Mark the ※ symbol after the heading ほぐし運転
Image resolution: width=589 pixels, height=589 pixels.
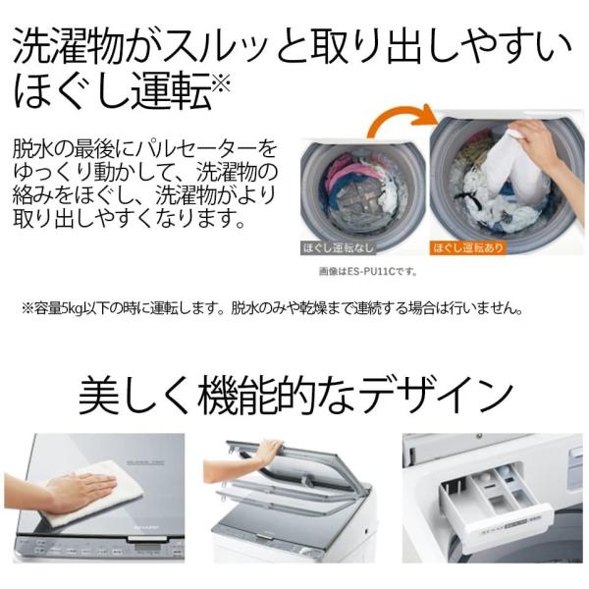point(222,83)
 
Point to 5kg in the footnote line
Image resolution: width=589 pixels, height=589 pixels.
point(72,307)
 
